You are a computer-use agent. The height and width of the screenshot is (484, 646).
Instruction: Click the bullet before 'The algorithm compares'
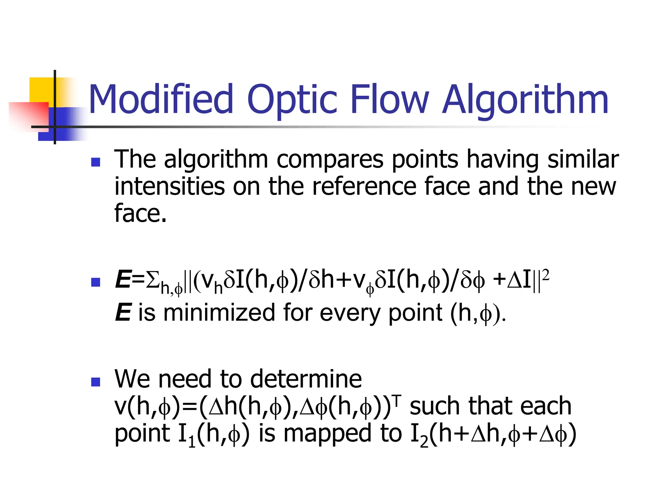point(95,162)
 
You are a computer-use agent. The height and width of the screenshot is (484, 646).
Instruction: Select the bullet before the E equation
point(95,282)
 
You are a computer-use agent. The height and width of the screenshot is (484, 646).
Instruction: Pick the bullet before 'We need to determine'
point(95,382)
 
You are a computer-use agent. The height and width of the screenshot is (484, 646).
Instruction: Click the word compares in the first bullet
point(330,160)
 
